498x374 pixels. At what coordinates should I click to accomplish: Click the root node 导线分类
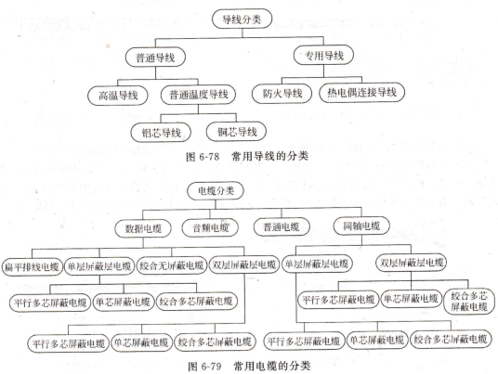click(242, 19)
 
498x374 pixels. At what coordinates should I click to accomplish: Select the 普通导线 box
click(155, 58)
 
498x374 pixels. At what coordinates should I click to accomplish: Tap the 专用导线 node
click(323, 55)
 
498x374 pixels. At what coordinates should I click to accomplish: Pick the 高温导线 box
click(118, 96)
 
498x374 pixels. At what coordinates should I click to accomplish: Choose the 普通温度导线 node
click(199, 95)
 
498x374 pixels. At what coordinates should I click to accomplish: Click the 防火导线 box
click(282, 93)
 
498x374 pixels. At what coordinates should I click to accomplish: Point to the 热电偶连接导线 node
click(361, 92)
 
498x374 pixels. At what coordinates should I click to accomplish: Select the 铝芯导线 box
click(161, 133)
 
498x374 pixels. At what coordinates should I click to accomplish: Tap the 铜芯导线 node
click(236, 132)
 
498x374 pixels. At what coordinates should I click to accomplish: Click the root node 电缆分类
click(216, 191)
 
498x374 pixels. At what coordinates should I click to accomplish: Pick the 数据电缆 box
click(143, 228)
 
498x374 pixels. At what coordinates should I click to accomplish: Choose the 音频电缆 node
click(210, 227)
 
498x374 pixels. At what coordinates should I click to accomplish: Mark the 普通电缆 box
click(282, 226)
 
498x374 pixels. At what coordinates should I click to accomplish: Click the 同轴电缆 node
click(361, 226)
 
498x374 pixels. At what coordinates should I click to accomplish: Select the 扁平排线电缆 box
click(32, 266)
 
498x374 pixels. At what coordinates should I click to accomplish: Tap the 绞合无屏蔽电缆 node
click(172, 265)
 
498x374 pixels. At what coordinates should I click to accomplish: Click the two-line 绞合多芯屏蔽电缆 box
click(469, 302)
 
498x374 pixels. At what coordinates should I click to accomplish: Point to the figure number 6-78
click(209, 157)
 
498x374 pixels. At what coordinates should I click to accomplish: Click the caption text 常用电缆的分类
click(272, 366)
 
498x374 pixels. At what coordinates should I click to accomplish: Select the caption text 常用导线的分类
click(270, 156)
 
